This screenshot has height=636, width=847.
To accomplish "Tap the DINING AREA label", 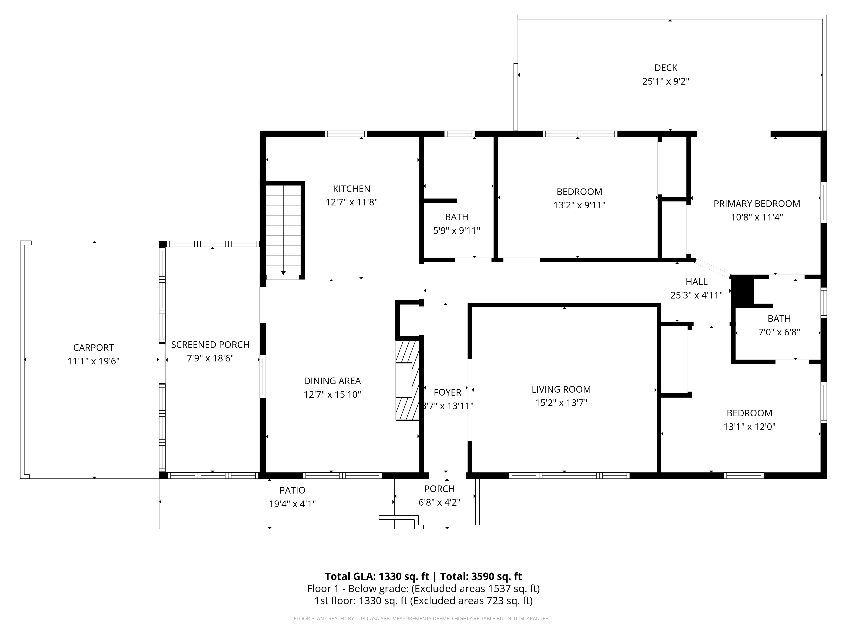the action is pyautogui.click(x=332, y=381).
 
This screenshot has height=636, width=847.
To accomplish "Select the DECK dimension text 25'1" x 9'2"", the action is pyautogui.click(x=666, y=81).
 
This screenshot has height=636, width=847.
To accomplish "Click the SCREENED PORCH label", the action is pyautogui.click(x=210, y=345).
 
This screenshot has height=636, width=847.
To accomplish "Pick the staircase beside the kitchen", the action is pyautogui.click(x=283, y=230).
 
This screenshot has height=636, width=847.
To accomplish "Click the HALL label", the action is pyautogui.click(x=696, y=282).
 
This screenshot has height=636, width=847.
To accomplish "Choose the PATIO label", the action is pyautogui.click(x=293, y=490).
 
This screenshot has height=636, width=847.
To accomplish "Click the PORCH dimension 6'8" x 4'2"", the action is pyautogui.click(x=440, y=502).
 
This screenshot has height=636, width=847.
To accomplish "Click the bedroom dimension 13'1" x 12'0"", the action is pyautogui.click(x=749, y=427).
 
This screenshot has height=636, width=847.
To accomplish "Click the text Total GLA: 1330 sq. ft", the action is pyautogui.click(x=377, y=576).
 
